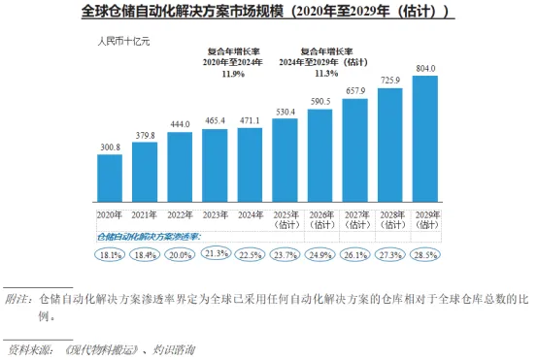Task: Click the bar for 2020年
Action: point(110,178)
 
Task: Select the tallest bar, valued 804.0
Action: point(424,139)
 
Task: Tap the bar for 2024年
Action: point(250,165)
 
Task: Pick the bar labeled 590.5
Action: point(319,155)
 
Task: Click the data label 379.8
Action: point(145,136)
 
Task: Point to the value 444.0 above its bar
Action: point(180,124)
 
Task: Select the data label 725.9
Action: point(390,81)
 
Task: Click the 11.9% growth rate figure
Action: point(233,74)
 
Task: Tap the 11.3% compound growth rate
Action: point(326,74)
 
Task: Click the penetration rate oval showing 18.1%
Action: point(110,255)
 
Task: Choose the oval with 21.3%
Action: point(217,253)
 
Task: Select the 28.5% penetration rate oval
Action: point(425,255)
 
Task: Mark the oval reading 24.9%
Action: point(320,255)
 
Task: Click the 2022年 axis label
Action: point(180,215)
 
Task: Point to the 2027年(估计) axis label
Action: point(357,219)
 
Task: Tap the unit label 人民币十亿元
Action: point(124,42)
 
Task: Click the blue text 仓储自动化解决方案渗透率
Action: point(149,237)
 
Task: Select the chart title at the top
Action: point(268,12)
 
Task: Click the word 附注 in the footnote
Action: point(17,299)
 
